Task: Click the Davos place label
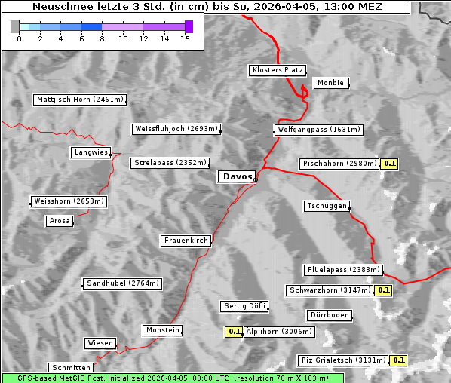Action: [x=237, y=176]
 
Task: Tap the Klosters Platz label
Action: [x=277, y=70]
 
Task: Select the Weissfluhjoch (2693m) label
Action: [x=176, y=129]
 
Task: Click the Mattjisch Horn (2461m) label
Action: [x=80, y=100]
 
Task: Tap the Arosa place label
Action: [x=60, y=221]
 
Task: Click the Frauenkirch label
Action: [x=186, y=241]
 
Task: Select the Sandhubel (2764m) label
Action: [x=122, y=283]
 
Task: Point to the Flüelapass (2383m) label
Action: [x=342, y=270]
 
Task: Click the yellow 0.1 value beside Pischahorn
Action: [x=390, y=164]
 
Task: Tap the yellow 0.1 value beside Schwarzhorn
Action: [x=384, y=290]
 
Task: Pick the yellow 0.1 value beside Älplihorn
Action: [x=234, y=331]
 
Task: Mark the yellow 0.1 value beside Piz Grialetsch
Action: [x=399, y=360]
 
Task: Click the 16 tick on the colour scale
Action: [x=185, y=38]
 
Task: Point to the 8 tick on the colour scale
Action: [x=102, y=38]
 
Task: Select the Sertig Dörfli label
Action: [x=245, y=306]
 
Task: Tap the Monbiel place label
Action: [x=330, y=83]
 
